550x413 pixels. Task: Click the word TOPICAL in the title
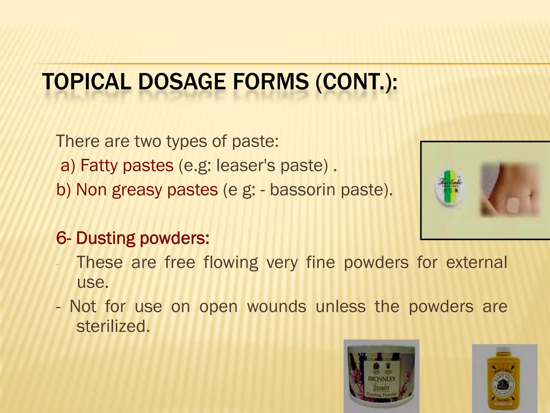(x=86, y=82)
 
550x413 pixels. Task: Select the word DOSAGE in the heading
(x=182, y=82)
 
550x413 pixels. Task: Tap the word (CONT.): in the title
(x=356, y=82)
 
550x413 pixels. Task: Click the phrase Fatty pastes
(x=127, y=165)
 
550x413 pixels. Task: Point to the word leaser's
(x=246, y=165)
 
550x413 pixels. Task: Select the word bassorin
(x=302, y=190)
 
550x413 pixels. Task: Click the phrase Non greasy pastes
(x=147, y=190)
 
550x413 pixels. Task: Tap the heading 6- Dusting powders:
(x=133, y=238)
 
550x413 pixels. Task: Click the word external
(x=476, y=262)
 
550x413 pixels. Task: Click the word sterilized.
(x=113, y=326)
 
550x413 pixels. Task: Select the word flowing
(x=231, y=263)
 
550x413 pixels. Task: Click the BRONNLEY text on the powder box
(x=382, y=379)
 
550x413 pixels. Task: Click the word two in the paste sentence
(x=147, y=141)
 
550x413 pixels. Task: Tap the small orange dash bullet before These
(x=57, y=265)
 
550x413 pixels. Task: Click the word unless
(x=340, y=307)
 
